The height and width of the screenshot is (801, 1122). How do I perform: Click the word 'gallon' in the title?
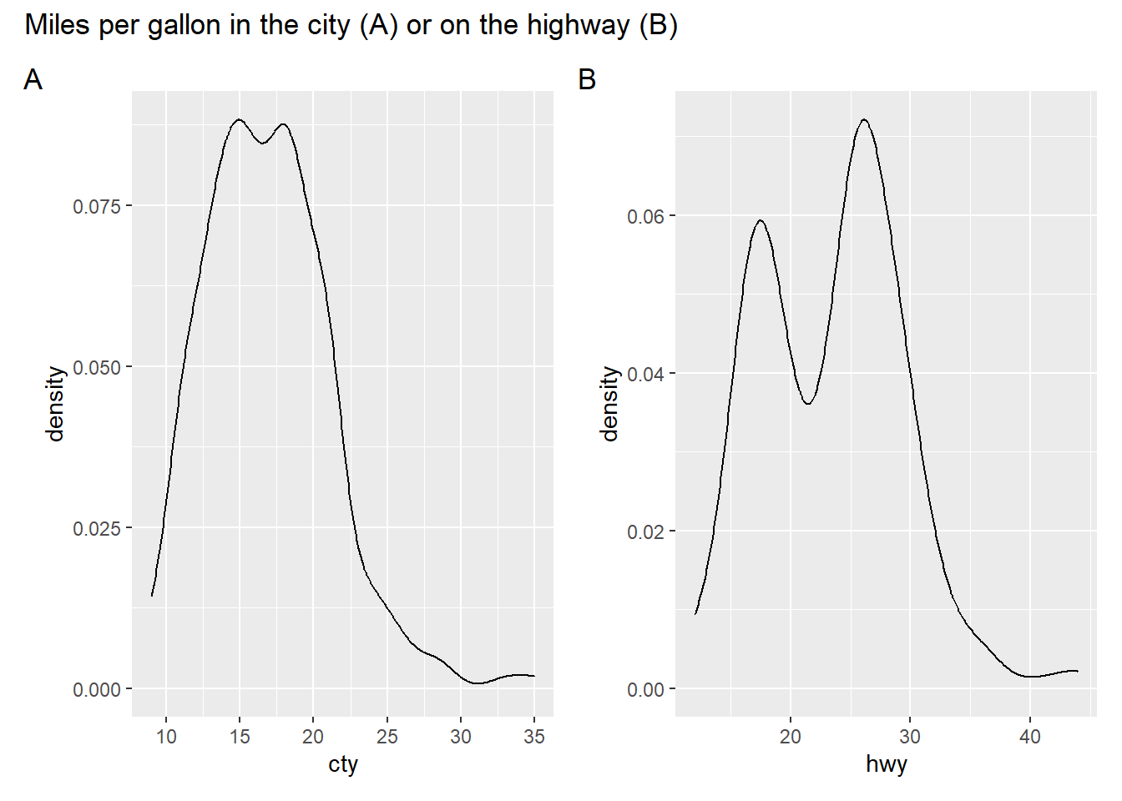184,26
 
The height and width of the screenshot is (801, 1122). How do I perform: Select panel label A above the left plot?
33,80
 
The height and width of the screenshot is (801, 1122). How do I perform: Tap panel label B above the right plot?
587,80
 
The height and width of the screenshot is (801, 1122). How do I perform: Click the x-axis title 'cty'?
343,764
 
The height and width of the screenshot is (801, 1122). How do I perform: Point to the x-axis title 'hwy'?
887,764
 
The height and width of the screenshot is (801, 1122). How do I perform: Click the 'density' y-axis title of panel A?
56,404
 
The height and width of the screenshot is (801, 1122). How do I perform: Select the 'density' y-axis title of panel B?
610,404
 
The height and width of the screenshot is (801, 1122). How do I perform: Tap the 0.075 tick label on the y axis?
97,206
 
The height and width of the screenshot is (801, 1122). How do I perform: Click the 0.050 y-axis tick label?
97,367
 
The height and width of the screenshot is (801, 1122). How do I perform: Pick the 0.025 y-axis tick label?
97,528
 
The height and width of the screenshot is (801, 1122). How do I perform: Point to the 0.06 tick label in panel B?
645,217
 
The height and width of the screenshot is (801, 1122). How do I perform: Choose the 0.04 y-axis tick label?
645,374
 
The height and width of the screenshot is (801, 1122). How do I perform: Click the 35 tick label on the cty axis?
534,737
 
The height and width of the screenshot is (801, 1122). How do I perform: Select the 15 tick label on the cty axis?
240,737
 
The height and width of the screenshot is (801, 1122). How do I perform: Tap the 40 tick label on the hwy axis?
1030,737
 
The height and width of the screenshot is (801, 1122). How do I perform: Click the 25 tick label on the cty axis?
387,737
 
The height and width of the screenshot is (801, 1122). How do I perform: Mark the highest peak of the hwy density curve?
864,120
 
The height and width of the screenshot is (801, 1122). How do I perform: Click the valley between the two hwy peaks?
807,404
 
